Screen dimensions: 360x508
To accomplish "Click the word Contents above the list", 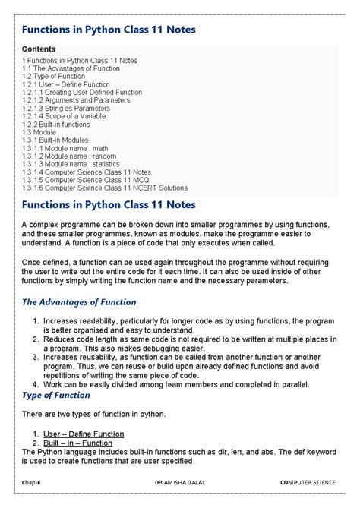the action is tap(39, 48).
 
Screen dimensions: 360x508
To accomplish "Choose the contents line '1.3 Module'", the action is tap(39, 131).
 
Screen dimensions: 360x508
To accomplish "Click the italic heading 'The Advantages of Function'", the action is tap(78, 301).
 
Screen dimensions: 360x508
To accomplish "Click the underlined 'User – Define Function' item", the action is tap(85, 433).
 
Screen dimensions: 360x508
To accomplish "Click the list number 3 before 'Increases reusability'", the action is tap(36, 355).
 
